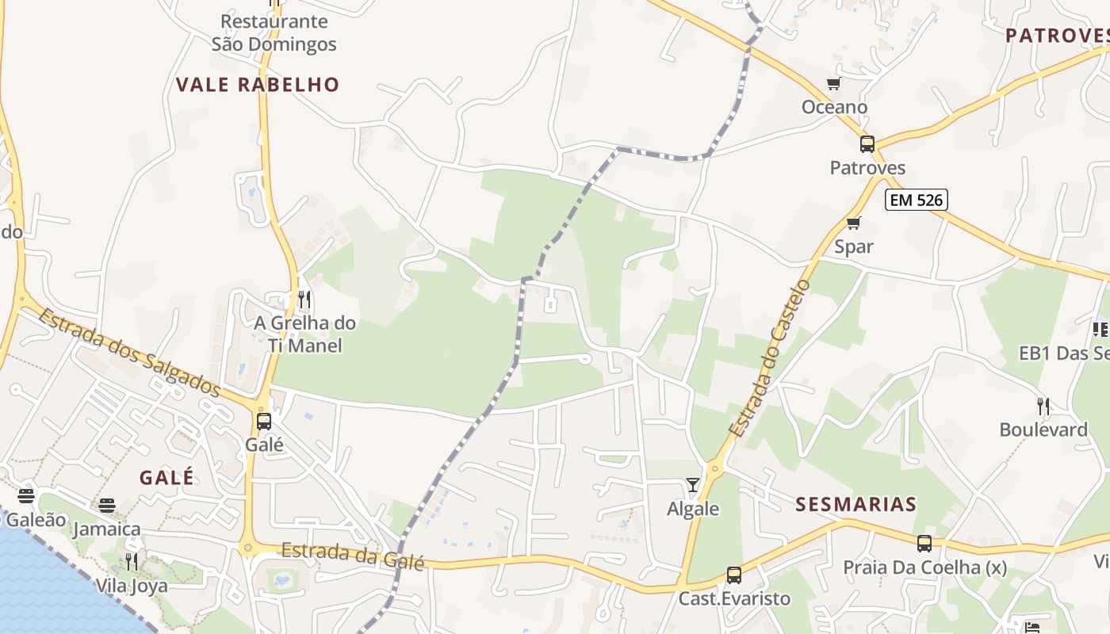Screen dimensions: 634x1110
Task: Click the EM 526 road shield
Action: [x=917, y=200]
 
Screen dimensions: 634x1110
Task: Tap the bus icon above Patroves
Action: [x=867, y=144]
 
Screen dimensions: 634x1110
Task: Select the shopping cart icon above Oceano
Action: [x=833, y=84]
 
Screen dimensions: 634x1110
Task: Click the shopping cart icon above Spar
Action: [x=853, y=223]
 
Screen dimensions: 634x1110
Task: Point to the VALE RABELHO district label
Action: [x=258, y=85]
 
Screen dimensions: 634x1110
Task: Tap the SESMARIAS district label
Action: [x=855, y=504]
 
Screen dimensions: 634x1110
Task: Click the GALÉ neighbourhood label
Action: [x=166, y=477]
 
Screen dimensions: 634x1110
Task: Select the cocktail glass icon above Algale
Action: [x=693, y=484]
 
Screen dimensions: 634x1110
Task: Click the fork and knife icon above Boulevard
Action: [x=1043, y=407]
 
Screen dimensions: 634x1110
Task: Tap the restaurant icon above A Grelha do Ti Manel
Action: [x=304, y=300]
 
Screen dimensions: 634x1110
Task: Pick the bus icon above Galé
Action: [x=264, y=422]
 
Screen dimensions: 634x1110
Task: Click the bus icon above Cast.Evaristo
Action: [x=734, y=575]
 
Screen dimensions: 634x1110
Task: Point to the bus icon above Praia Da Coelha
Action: [x=924, y=544]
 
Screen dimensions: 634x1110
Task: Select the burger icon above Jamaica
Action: [x=107, y=506]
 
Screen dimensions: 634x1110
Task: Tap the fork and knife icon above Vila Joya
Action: [x=132, y=562]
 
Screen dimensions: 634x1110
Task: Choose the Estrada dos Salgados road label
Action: [x=129, y=352]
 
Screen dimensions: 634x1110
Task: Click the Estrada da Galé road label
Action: [x=353, y=555]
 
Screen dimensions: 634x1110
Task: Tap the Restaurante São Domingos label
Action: [x=274, y=32]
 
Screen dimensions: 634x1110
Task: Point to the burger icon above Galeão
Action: [x=26, y=496]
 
